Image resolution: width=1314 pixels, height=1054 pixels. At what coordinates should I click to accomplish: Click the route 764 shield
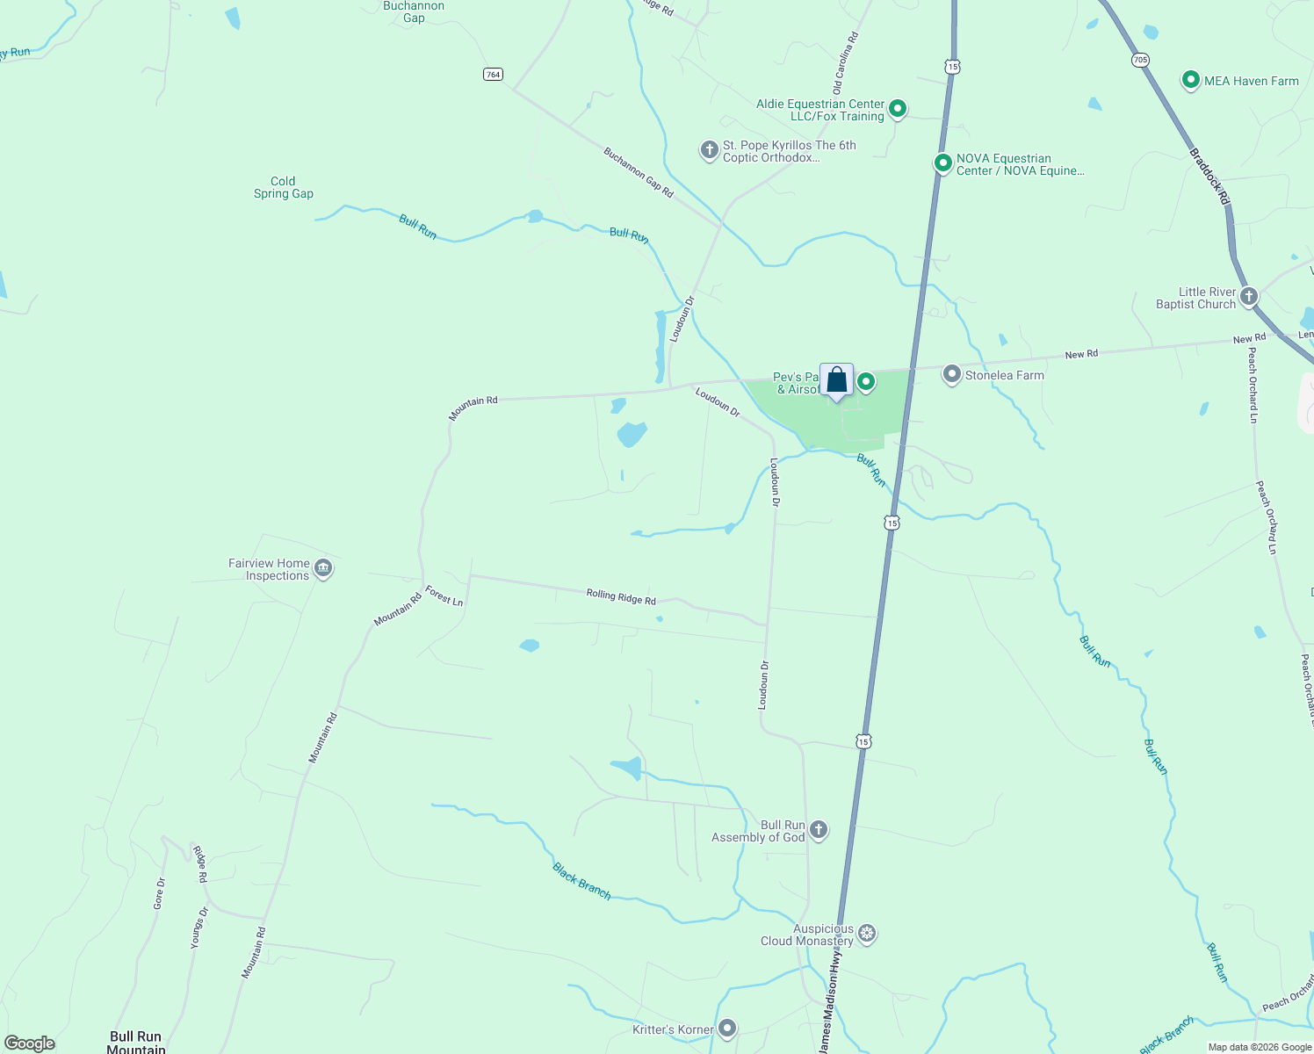493,75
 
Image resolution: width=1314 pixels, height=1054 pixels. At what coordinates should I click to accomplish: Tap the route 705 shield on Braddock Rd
1140,60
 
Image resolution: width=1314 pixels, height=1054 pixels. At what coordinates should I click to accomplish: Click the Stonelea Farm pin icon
951,375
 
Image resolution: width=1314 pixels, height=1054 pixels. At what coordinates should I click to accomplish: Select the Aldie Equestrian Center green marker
897,109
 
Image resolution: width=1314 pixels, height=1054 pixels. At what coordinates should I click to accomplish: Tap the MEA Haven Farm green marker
1190,81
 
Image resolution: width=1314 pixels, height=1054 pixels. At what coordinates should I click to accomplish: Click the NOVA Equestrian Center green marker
942,163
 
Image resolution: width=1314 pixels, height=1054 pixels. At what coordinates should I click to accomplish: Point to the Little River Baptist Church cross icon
1248,297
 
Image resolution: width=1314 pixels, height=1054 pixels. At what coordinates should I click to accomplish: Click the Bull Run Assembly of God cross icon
818,830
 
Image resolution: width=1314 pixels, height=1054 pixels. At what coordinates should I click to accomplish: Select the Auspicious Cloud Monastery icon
867,934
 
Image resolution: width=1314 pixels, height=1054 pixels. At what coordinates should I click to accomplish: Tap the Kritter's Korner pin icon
727,1029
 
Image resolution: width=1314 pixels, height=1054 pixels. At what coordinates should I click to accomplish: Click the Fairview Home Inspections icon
322,568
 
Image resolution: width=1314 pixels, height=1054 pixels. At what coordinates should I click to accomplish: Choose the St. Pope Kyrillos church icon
709,150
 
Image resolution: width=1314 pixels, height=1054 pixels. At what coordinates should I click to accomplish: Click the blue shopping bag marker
836,381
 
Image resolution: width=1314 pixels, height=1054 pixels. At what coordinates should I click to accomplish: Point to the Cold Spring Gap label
283,188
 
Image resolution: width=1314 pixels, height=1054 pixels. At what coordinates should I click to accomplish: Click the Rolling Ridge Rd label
621,597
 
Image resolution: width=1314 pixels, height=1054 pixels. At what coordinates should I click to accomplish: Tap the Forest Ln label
444,596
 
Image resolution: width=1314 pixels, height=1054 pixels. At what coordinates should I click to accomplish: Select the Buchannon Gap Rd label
639,172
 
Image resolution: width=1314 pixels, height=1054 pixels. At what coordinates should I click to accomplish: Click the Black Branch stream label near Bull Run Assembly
581,881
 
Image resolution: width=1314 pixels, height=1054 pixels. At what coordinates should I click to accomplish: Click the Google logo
30,1043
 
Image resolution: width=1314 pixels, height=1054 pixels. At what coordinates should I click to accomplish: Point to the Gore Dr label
159,893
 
